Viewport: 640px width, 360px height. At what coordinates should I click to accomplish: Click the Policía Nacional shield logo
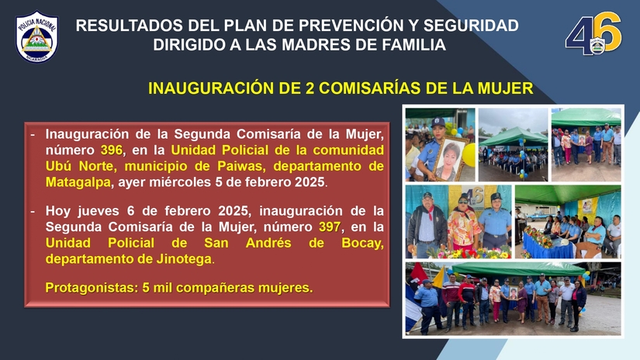(x=36, y=36)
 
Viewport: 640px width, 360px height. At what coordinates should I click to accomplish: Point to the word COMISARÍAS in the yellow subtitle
(x=382, y=88)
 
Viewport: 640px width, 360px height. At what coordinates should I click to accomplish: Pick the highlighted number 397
(x=329, y=227)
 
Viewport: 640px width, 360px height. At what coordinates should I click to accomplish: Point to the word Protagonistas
(x=88, y=288)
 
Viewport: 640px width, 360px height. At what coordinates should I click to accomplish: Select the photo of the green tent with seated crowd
(x=512, y=144)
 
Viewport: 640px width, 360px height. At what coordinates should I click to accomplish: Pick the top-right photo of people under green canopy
(x=586, y=144)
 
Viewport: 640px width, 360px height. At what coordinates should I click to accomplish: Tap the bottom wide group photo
(x=513, y=299)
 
